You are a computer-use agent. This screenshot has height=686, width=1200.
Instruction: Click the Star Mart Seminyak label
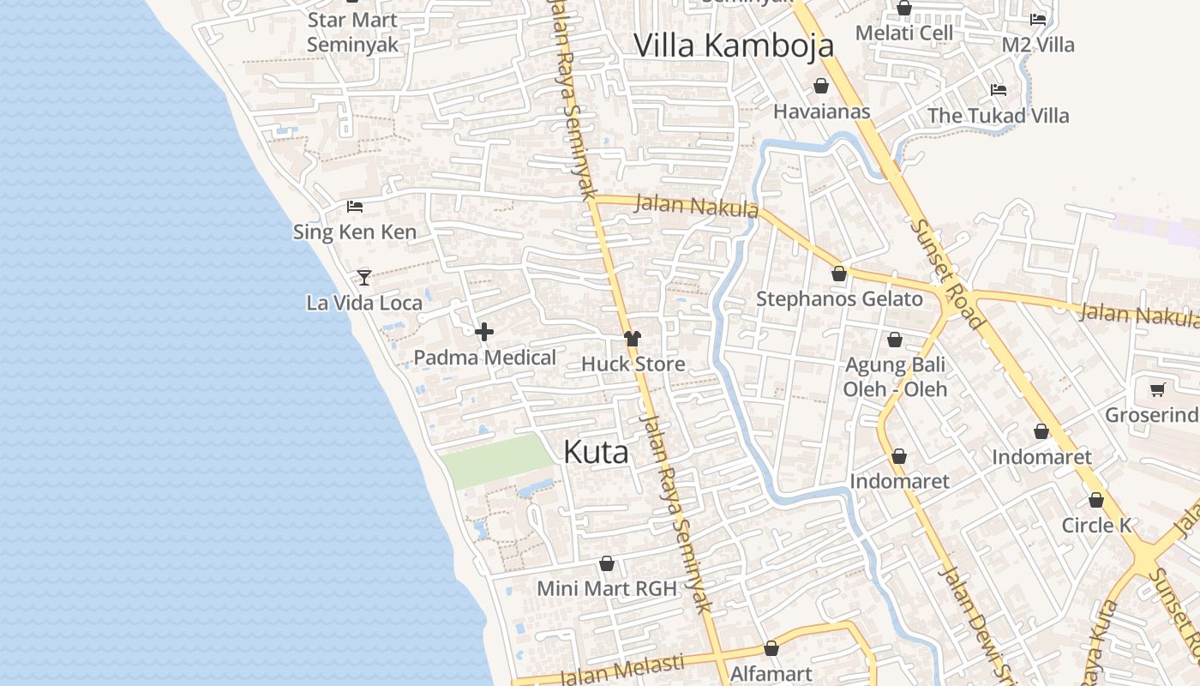click(352, 32)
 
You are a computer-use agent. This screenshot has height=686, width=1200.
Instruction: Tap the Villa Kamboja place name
click(734, 45)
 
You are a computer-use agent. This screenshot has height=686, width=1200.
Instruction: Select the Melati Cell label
click(904, 33)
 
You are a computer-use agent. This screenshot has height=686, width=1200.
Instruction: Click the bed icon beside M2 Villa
click(1038, 19)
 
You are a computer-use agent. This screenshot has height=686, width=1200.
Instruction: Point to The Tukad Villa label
click(998, 115)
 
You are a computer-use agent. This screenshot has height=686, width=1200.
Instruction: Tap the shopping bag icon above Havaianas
click(821, 87)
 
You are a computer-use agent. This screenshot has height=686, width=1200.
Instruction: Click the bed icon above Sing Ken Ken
click(355, 207)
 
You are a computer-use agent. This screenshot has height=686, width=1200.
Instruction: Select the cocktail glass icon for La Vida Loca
click(364, 277)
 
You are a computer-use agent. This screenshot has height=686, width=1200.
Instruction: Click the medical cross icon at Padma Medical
click(484, 332)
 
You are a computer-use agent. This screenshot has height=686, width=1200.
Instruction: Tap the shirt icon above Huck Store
click(633, 339)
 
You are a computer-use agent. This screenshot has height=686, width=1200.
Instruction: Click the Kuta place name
click(596, 453)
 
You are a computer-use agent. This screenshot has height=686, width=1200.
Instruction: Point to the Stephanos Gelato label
click(839, 299)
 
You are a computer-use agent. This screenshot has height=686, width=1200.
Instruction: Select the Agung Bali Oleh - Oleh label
click(895, 376)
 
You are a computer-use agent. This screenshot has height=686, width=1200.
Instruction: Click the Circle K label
click(1096, 525)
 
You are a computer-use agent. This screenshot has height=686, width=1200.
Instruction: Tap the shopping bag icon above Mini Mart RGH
click(607, 563)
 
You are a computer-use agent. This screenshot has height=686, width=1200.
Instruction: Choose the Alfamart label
click(771, 674)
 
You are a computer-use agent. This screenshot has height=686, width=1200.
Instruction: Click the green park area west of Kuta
click(497, 460)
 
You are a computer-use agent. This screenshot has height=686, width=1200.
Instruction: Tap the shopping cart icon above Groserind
click(1157, 390)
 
